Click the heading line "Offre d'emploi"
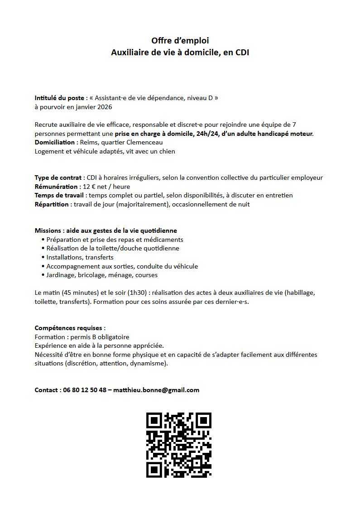[x=180, y=41]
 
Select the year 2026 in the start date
[x=104, y=107]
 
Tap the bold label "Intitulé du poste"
[x=59, y=98]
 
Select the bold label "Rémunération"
[x=56, y=187]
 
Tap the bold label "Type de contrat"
[x=58, y=178]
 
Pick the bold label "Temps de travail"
[x=60, y=195]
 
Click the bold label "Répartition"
[x=52, y=204]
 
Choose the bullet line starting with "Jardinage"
[x=102, y=275]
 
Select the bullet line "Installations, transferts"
[x=80, y=257]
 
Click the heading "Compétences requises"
[x=70, y=328]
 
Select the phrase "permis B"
[x=82, y=337]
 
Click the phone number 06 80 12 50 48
[x=85, y=390]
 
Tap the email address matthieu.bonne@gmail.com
[x=156, y=390]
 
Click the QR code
[x=179, y=445]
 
